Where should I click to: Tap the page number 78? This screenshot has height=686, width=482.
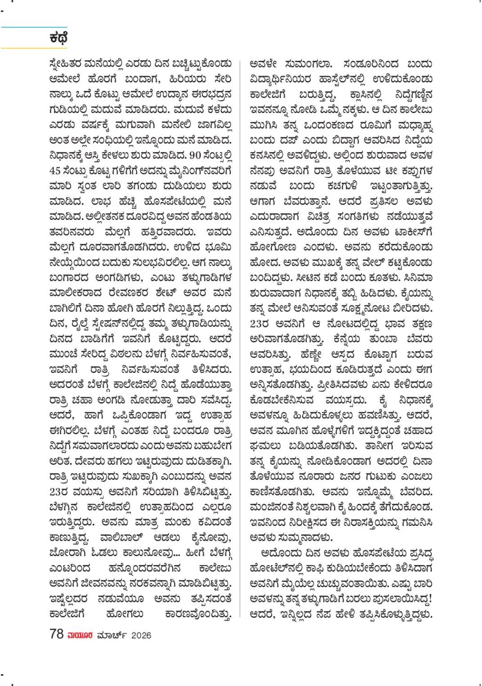57,635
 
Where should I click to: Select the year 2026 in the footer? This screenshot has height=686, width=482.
139,636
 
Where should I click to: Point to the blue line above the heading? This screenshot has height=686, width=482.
34,27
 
